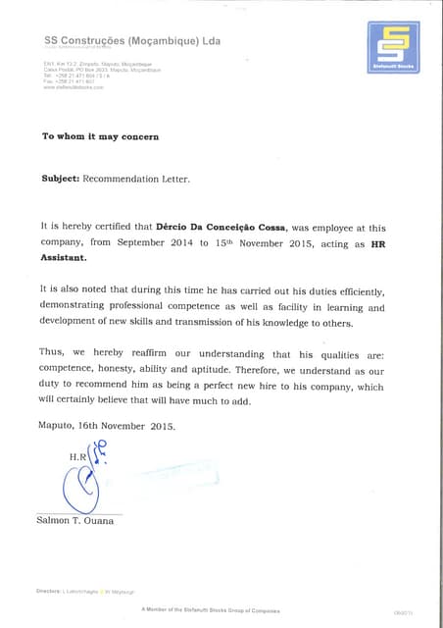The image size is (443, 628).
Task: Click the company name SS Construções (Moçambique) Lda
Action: (132, 41)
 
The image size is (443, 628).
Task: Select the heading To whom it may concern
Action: (99, 136)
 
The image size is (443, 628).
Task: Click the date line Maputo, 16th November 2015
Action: (106, 426)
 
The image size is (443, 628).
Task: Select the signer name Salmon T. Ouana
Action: (74, 520)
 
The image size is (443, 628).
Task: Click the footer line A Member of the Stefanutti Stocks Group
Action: (210, 609)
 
